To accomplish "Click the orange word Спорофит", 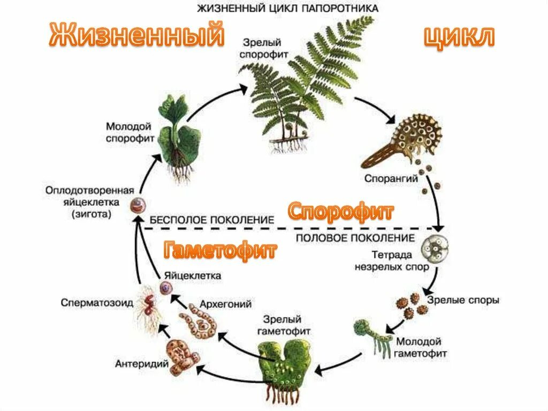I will [341, 212].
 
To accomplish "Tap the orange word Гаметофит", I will [220, 249].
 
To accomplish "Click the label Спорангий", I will [391, 179].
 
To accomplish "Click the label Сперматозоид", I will [97, 302].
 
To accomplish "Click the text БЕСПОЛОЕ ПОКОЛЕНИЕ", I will [212, 220].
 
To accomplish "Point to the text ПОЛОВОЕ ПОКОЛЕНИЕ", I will [355, 237].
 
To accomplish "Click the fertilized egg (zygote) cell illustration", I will [138, 205].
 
